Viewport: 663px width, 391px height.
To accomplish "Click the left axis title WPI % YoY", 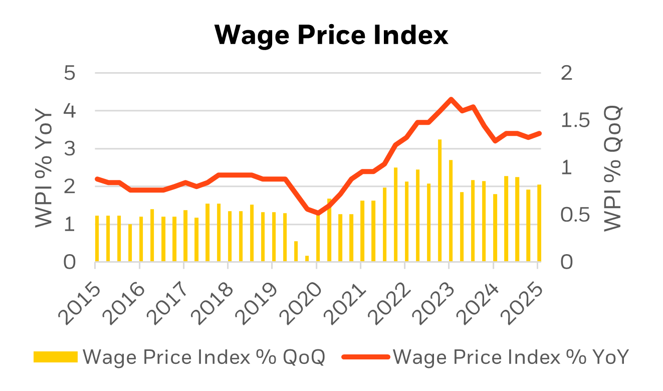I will (x=44, y=168).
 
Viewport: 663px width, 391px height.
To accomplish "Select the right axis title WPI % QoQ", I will (x=612, y=168).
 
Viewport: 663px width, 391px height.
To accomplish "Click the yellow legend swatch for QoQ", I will (x=55, y=357).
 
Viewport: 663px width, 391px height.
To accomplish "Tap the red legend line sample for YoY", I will (x=365, y=357).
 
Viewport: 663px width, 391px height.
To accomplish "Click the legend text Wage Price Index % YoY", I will (x=511, y=357).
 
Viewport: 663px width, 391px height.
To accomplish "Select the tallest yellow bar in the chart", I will (x=440, y=201).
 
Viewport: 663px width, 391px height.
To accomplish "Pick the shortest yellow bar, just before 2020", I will (x=307, y=259).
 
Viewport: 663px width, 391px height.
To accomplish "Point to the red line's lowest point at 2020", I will (x=318, y=213).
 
